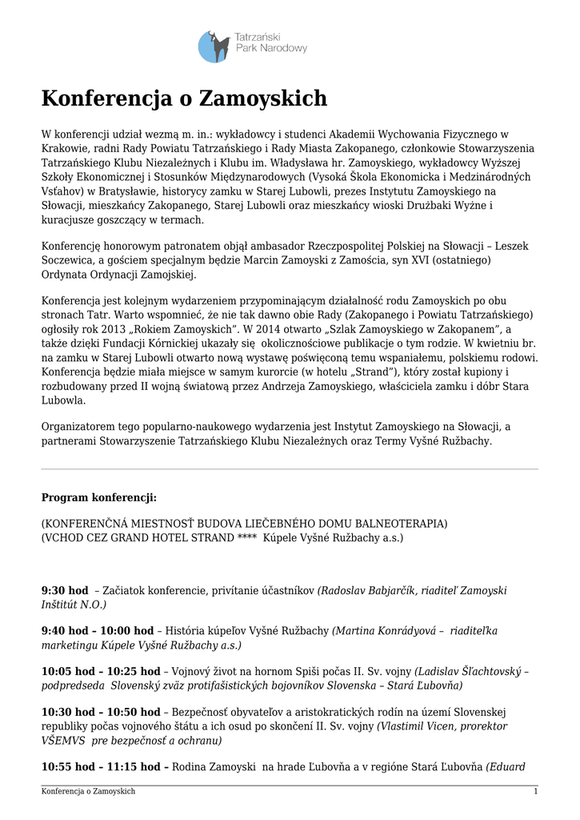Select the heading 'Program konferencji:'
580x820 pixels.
pyautogui.click(x=98, y=497)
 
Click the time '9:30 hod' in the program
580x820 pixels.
pyautogui.click(x=65, y=590)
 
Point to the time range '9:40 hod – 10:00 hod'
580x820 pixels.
pyautogui.click(x=97, y=630)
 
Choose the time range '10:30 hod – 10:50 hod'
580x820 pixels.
pyautogui.click(x=100, y=711)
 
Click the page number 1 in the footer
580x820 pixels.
pyautogui.click(x=535, y=792)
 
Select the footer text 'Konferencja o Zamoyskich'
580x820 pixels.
pyautogui.click(x=88, y=792)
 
